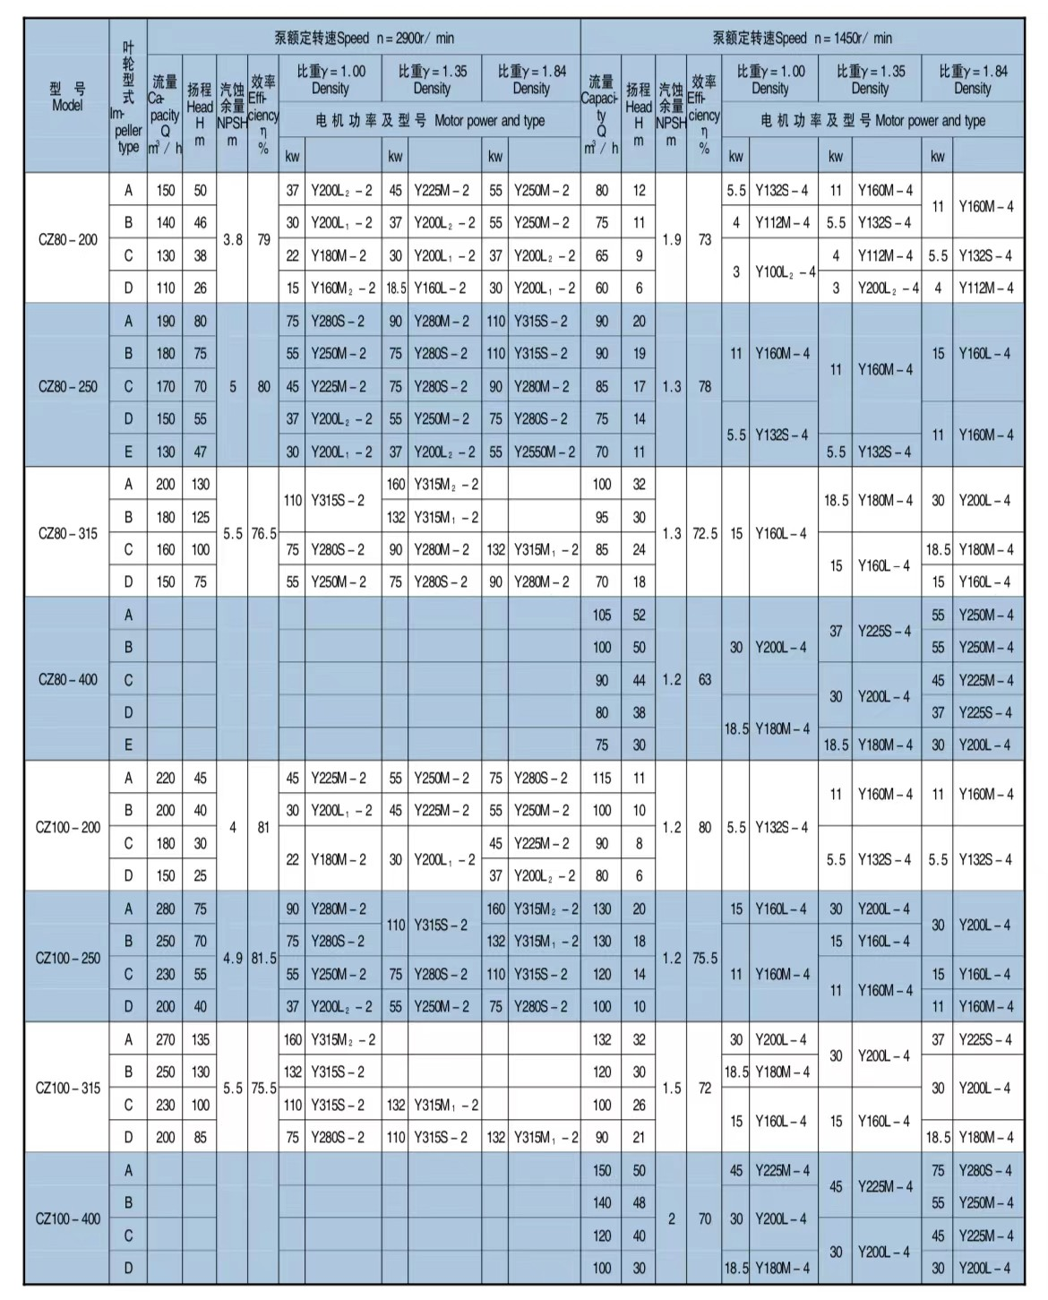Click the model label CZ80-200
pos(67,239)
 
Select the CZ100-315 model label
pos(67,1088)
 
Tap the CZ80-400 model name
pos(67,679)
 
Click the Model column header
pos(67,97)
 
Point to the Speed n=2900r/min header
pos(364,38)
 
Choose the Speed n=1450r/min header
pos(802,38)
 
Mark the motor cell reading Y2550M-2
pos(544,452)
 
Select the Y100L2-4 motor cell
pos(784,271)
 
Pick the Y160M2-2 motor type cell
pos(342,288)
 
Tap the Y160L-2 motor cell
pos(439,288)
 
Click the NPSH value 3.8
pos(232,239)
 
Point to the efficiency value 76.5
pos(263,533)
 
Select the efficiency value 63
pos(704,679)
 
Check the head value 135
pos(200,1039)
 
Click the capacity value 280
pos(166,908)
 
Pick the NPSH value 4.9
pos(232,958)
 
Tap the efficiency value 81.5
pos(263,958)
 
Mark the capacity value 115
pos(602,778)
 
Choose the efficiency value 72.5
pos(704,533)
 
